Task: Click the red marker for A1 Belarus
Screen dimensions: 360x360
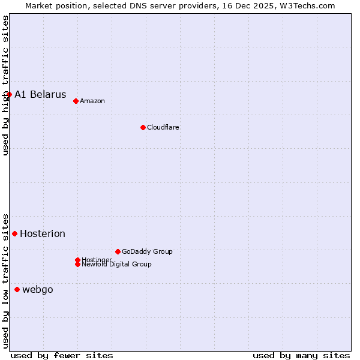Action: tap(9, 94)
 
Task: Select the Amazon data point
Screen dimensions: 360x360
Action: tap(76, 101)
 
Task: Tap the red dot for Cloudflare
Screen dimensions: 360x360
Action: tap(143, 127)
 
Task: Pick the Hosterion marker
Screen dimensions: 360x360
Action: tap(14, 233)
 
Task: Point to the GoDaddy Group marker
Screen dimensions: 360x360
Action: tap(118, 251)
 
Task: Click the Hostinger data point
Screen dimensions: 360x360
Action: tap(77, 260)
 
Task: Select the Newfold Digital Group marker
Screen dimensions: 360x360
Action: tap(77, 264)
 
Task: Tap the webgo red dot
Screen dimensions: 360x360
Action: tap(17, 289)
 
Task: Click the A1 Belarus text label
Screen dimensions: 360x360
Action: tap(40, 94)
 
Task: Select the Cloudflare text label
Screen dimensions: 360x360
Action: tap(163, 127)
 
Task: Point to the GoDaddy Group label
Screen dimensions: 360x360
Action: tap(147, 251)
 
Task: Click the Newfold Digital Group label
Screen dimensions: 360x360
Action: tap(116, 265)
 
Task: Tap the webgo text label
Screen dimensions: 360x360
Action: tap(38, 290)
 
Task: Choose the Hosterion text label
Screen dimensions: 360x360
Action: tap(43, 233)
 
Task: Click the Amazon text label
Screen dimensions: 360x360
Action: tap(92, 101)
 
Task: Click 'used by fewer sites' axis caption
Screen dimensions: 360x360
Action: tap(62, 355)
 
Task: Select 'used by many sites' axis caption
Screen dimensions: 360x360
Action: tap(301, 355)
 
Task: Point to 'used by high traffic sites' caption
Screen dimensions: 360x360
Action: tap(5, 85)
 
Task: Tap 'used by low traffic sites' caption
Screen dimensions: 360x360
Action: tap(5, 281)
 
